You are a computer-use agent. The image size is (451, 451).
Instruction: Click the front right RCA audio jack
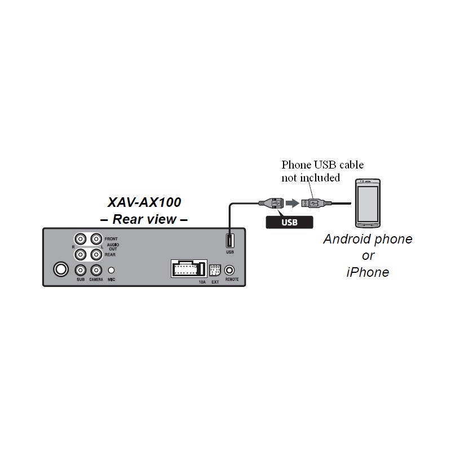pyautogui.click(x=80, y=239)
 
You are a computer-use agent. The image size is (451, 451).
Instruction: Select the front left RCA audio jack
pyautogui.click(x=96, y=239)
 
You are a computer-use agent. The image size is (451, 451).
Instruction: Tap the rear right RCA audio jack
pyautogui.click(x=80, y=255)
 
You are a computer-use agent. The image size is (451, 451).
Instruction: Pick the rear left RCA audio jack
pyautogui.click(x=96, y=255)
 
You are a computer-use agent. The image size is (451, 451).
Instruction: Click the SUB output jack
pyautogui.click(x=80, y=271)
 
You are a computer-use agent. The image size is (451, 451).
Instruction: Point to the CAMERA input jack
pyautogui.click(x=96, y=271)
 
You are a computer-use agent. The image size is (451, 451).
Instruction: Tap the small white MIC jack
pyautogui.click(x=111, y=271)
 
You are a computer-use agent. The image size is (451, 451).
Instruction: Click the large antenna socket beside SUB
pyautogui.click(x=61, y=269)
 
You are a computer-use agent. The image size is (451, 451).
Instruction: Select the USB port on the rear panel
pyautogui.click(x=230, y=241)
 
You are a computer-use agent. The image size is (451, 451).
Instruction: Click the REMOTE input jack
pyautogui.click(x=229, y=271)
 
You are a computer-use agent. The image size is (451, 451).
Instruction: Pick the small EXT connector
pyautogui.click(x=215, y=271)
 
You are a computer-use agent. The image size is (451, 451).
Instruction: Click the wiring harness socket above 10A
pyautogui.click(x=189, y=269)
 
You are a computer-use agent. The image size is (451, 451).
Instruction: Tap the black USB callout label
pyautogui.click(x=289, y=222)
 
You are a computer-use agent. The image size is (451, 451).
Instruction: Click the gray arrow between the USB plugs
pyautogui.click(x=293, y=204)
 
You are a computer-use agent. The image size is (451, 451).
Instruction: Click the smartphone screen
pyautogui.click(x=368, y=204)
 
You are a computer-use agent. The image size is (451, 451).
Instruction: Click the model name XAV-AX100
pyautogui.click(x=144, y=202)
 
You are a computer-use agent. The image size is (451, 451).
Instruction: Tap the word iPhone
pyautogui.click(x=368, y=272)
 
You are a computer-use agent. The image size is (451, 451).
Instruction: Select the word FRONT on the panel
pyautogui.click(x=111, y=239)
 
